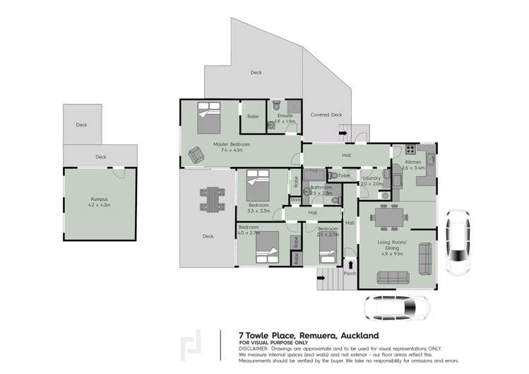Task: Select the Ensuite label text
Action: (285, 115)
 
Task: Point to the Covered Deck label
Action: (326, 115)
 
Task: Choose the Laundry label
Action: (372, 177)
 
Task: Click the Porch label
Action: (350, 274)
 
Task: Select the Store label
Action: (295, 200)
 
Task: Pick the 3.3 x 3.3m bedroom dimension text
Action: (259, 211)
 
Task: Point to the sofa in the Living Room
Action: (426, 259)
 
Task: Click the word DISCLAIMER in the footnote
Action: (253, 348)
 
